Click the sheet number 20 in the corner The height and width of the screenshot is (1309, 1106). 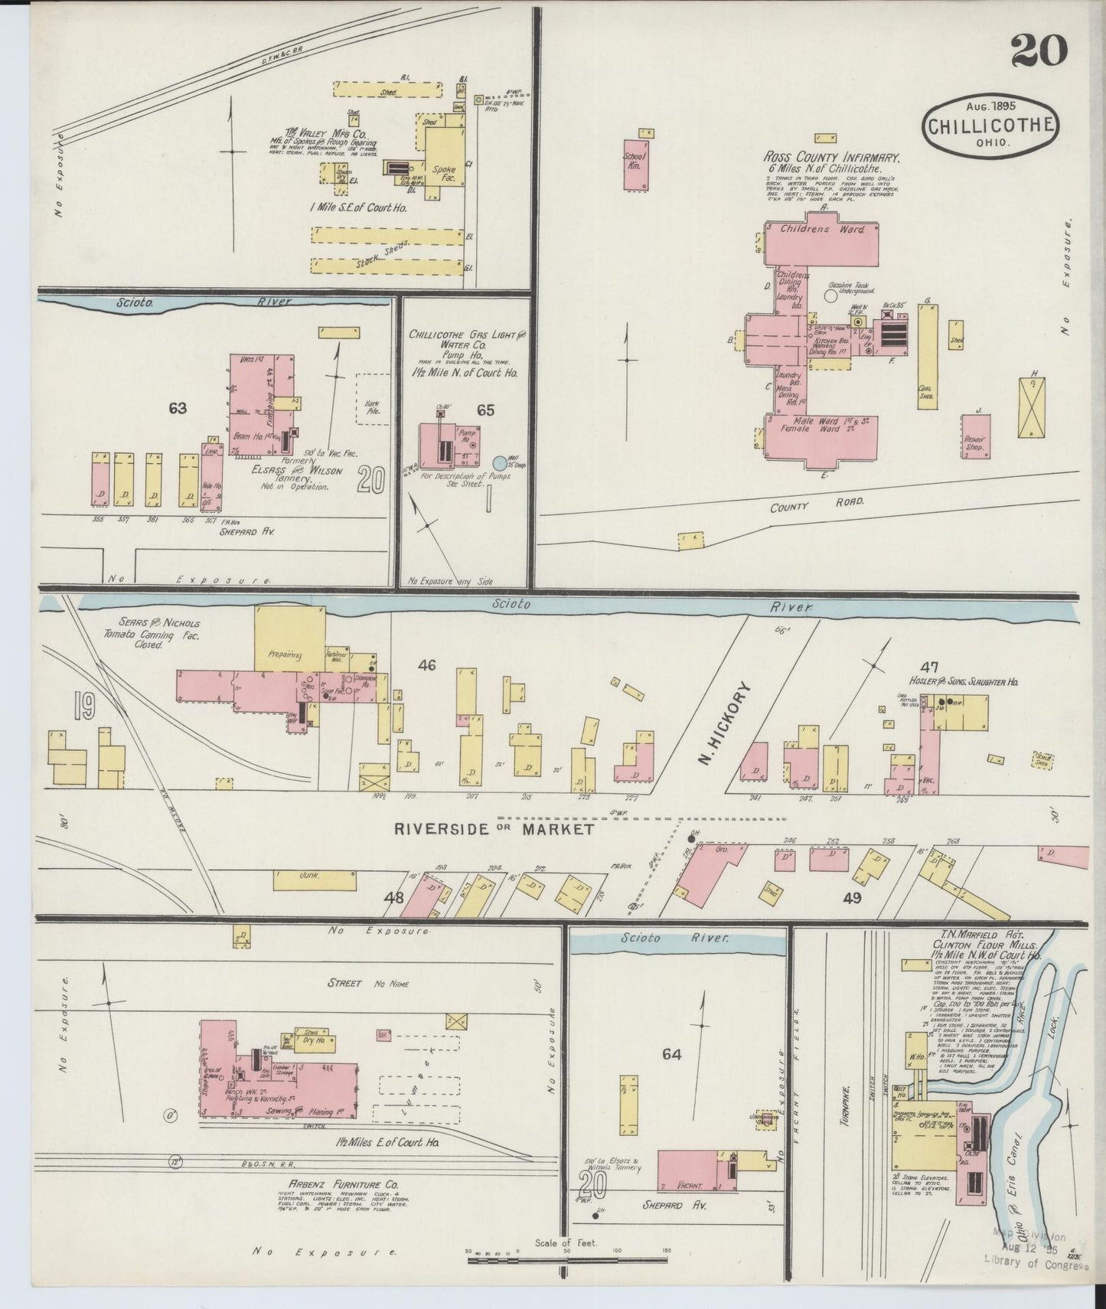[x=1039, y=51]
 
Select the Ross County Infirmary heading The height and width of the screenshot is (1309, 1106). [x=831, y=158]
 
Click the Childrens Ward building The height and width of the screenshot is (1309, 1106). [x=822, y=239]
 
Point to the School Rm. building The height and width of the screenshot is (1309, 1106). [x=635, y=165]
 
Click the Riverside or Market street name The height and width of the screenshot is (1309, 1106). [x=494, y=829]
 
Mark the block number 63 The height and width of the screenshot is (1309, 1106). [x=178, y=409]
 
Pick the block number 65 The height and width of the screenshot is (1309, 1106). [x=485, y=410]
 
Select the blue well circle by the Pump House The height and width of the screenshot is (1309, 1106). [x=500, y=462]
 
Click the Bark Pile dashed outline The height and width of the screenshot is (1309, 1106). [x=374, y=399]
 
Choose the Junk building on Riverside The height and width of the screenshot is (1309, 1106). [x=315, y=880]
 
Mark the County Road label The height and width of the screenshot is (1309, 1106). [x=817, y=504]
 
